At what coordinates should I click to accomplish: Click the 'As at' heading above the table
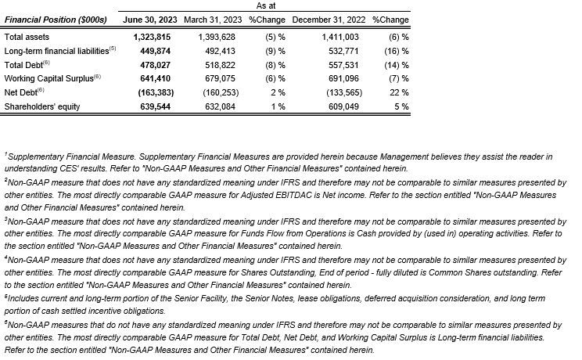point(266,5)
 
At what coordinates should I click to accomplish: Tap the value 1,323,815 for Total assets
point(153,36)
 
